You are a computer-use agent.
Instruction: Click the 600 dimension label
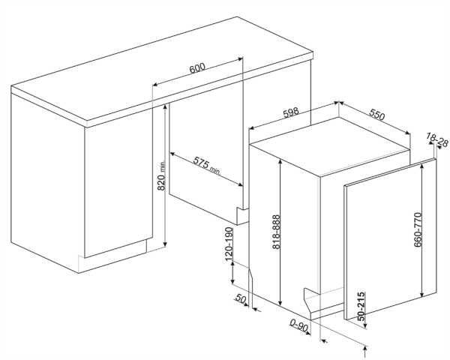coord(197,68)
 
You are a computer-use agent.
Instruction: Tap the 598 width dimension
coord(291,112)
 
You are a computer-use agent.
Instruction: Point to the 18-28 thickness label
coord(437,139)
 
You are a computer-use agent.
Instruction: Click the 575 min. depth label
coord(206,166)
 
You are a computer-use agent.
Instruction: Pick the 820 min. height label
coord(161,175)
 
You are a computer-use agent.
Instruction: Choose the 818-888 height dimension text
coord(276,232)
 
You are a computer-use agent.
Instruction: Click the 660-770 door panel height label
coord(418,229)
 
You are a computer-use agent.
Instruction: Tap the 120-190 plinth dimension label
coord(229,244)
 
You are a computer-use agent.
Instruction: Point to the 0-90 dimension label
coord(298,325)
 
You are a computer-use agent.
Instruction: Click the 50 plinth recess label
coord(241,299)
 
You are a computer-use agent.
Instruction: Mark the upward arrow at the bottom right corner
coord(365,351)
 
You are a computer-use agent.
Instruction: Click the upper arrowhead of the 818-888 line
coord(280,161)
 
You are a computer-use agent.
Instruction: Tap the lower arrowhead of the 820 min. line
coord(165,244)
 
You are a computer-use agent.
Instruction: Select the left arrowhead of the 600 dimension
coord(155,85)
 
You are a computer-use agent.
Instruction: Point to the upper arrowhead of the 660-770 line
coord(421,166)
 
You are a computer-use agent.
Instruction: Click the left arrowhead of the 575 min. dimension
coord(172,154)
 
